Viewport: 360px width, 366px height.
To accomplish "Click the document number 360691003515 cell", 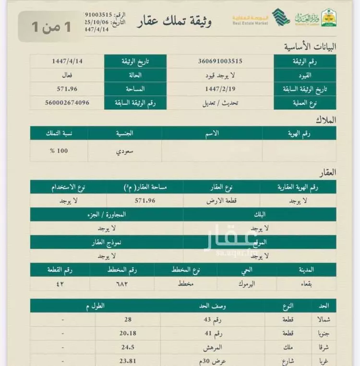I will [x=220, y=61].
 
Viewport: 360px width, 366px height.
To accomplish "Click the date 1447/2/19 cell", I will [x=220, y=89].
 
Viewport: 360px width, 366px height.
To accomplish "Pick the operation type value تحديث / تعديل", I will [x=220, y=103].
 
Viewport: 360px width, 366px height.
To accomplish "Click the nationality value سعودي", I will [x=124, y=150].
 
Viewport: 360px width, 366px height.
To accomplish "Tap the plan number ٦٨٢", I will [x=124, y=283].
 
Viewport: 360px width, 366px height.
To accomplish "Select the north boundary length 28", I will [x=129, y=319].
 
